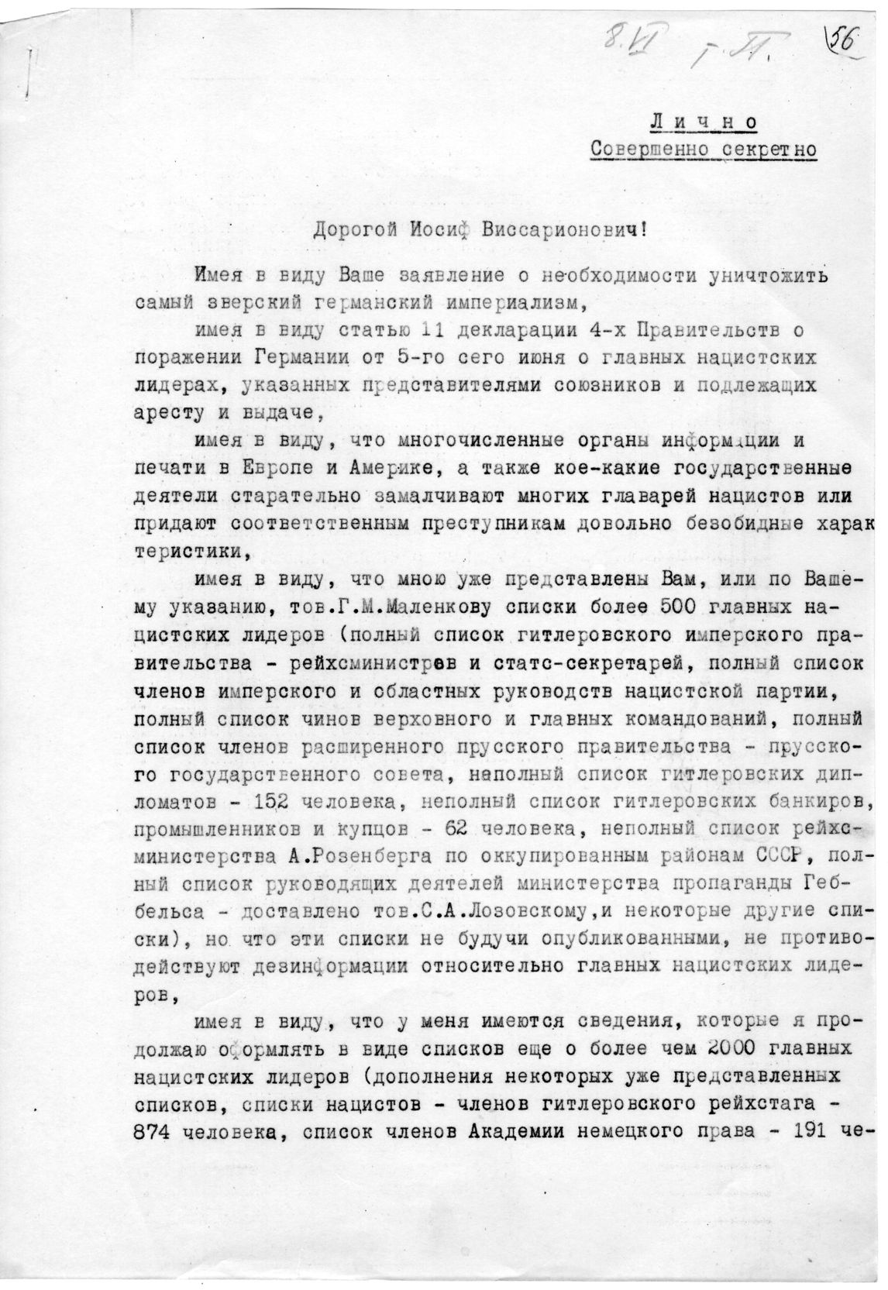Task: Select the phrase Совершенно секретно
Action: click(x=703, y=149)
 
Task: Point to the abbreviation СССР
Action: click(x=781, y=855)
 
